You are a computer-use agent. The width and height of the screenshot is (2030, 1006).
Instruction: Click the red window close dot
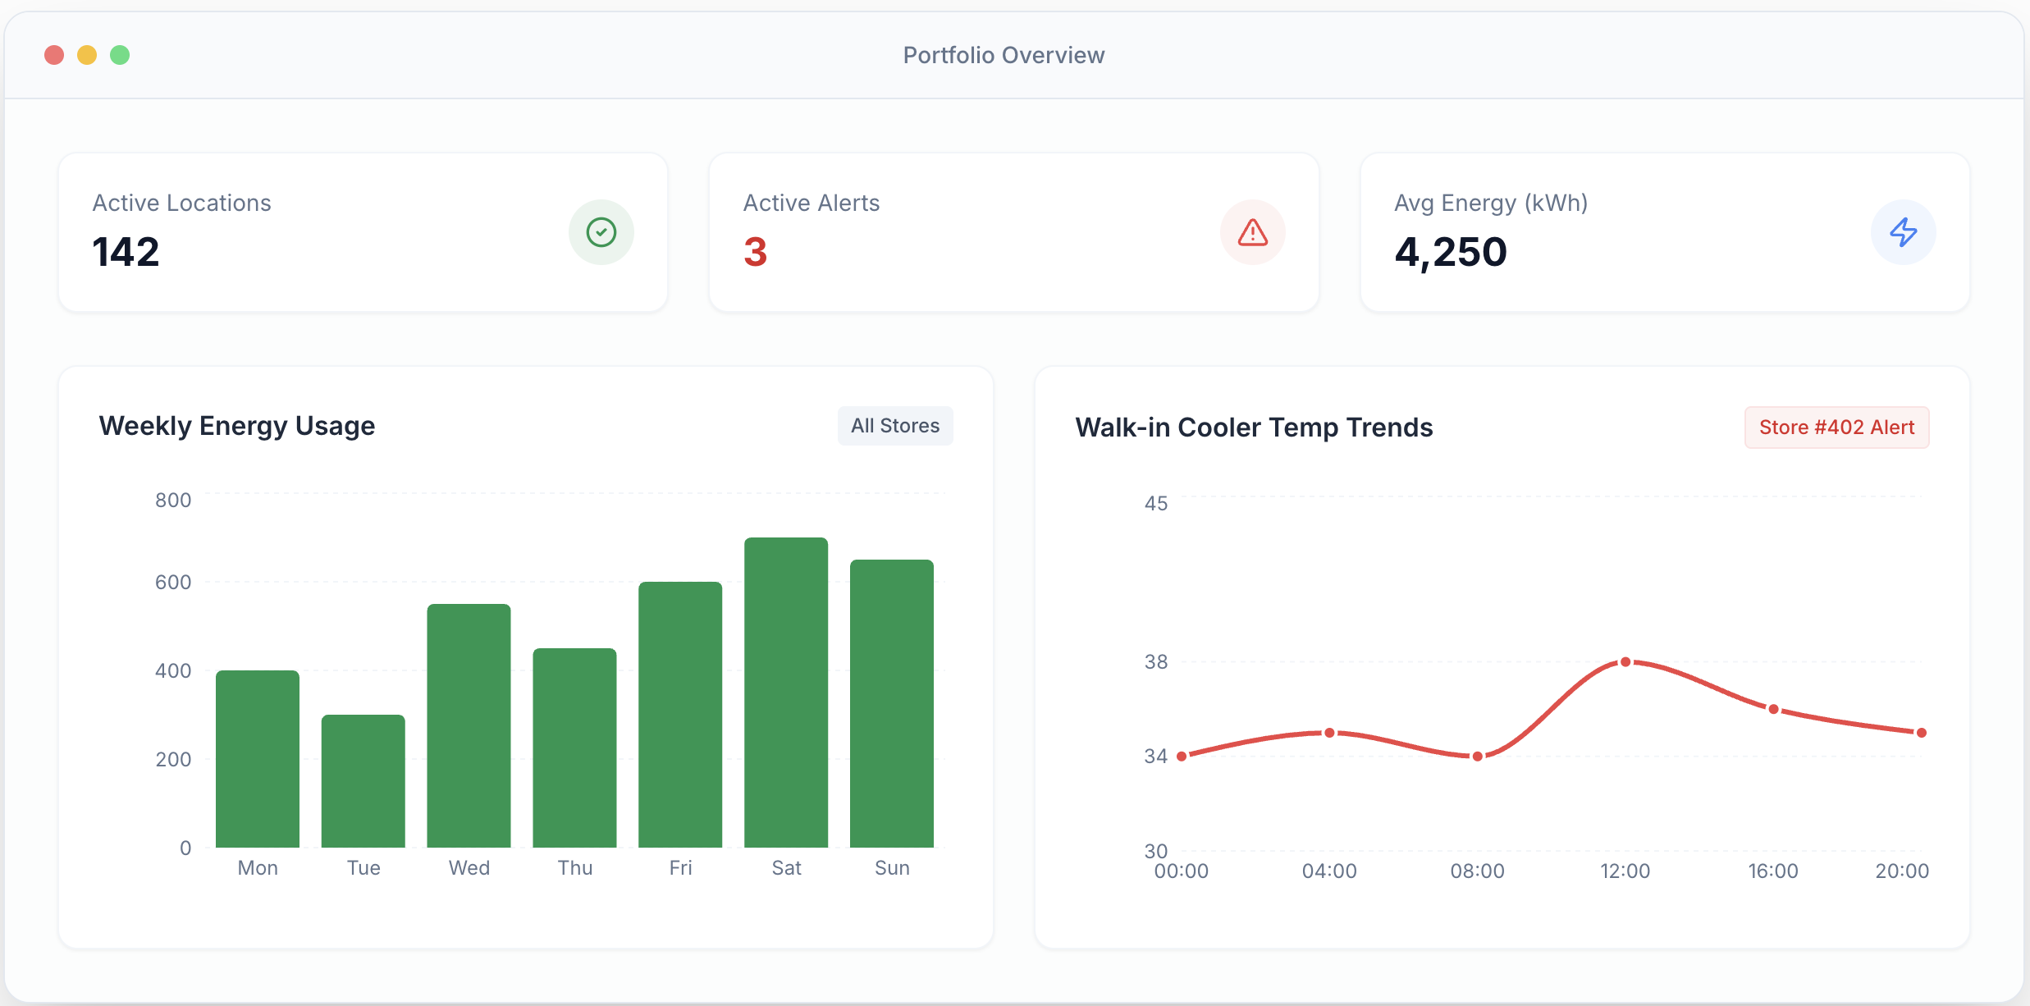pyautogui.click(x=54, y=55)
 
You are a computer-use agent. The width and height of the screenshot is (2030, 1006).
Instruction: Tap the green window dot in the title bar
pyautogui.click(x=120, y=55)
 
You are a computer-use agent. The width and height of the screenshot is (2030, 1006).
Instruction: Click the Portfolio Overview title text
pyautogui.click(x=1004, y=55)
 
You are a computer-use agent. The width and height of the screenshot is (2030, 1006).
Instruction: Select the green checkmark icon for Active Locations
pyautogui.click(x=601, y=232)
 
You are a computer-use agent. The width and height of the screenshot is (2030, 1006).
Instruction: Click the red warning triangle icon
pyautogui.click(x=1253, y=232)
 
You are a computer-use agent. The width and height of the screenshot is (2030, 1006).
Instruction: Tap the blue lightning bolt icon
pyautogui.click(x=1904, y=232)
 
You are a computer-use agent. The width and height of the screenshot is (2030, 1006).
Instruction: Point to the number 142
pyautogui.click(x=126, y=252)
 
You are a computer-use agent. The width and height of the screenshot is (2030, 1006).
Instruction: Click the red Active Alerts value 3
pyautogui.click(x=755, y=252)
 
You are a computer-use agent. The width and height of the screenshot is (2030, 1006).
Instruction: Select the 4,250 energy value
pyautogui.click(x=1451, y=252)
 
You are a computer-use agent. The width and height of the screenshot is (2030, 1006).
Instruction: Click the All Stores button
pyautogui.click(x=895, y=426)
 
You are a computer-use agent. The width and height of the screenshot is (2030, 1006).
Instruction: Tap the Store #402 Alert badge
pyautogui.click(x=1836, y=428)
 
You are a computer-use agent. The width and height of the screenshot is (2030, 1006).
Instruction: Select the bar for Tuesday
pyautogui.click(x=363, y=781)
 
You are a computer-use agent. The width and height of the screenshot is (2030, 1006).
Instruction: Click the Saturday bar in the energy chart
pyautogui.click(x=786, y=693)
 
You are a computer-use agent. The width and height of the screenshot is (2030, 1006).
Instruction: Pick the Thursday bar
pyautogui.click(x=574, y=748)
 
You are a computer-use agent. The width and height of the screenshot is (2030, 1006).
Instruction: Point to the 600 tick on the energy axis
pyautogui.click(x=173, y=582)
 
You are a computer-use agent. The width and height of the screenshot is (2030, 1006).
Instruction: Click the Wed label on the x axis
pyautogui.click(x=469, y=868)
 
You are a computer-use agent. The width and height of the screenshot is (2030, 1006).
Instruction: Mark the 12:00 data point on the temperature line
pyautogui.click(x=1625, y=662)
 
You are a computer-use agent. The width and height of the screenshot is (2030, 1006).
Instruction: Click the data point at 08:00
pyautogui.click(x=1478, y=757)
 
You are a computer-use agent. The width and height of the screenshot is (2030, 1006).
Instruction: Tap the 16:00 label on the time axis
pyautogui.click(x=1773, y=871)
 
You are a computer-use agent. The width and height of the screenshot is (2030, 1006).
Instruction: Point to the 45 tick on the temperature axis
pyautogui.click(x=1156, y=503)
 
